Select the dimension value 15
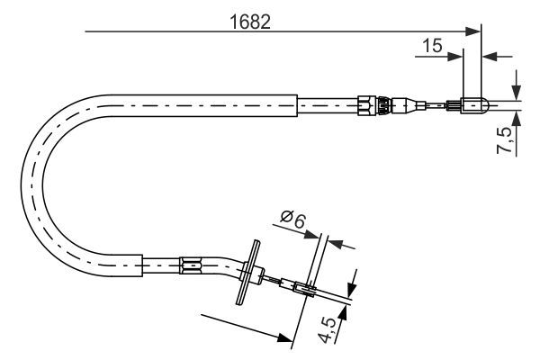[x=432, y=45]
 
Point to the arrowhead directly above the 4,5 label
[x=351, y=288]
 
